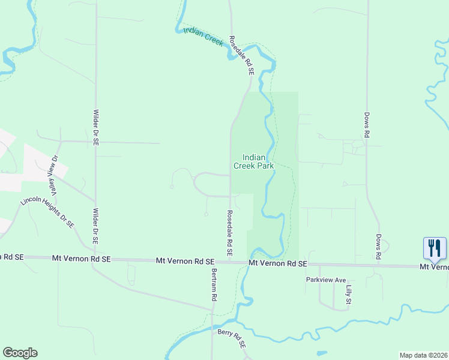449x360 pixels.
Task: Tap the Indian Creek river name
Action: (x=203, y=37)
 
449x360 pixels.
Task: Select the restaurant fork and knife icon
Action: (x=435, y=248)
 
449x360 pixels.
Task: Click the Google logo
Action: (x=20, y=353)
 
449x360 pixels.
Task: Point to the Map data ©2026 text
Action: (x=423, y=355)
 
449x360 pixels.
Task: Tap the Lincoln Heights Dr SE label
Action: (x=47, y=212)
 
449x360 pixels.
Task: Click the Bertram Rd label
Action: (x=213, y=284)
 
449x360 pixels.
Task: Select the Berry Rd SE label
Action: (x=232, y=339)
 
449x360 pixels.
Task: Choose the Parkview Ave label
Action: (x=326, y=280)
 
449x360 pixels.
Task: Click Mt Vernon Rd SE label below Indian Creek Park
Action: (x=277, y=263)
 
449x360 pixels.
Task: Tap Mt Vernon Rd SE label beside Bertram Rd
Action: (x=185, y=261)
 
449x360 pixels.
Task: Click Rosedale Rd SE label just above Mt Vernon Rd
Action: (x=229, y=231)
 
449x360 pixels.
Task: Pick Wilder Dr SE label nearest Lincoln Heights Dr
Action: (x=95, y=226)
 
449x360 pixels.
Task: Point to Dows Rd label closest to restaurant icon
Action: (x=379, y=247)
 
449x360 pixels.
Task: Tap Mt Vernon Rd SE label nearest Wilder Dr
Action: (x=82, y=259)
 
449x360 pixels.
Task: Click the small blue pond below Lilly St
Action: (x=322, y=353)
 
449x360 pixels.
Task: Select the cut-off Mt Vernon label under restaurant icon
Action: (x=433, y=266)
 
